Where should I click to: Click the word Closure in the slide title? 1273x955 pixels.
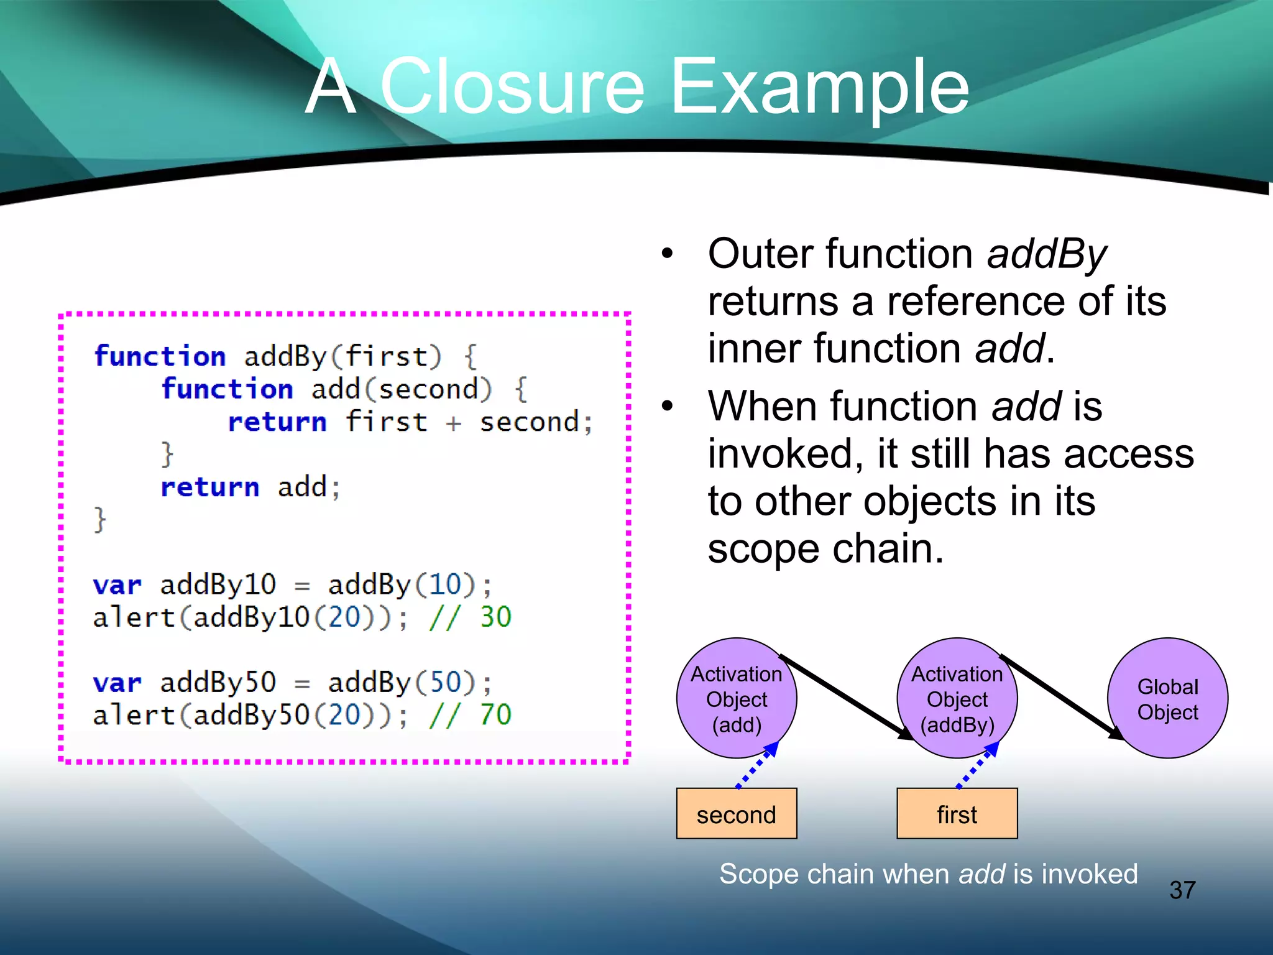click(513, 87)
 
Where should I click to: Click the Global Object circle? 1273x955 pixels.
click(1167, 698)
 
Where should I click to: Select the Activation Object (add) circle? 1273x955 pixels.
click(737, 698)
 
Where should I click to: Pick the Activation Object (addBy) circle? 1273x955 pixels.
click(957, 698)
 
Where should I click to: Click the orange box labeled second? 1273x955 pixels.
click(737, 814)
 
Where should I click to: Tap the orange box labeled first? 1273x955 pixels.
click(957, 814)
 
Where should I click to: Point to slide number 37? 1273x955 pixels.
click(1182, 890)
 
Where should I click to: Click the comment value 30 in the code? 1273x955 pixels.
click(495, 617)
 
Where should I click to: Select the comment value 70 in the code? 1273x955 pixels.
click(495, 714)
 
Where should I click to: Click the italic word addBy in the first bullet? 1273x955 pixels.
click(1047, 255)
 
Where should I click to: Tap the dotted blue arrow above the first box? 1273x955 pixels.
click(978, 766)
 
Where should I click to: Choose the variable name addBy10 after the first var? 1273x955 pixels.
click(218, 584)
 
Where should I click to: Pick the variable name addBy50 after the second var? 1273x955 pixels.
click(218, 683)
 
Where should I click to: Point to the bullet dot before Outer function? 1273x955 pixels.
click(668, 254)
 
